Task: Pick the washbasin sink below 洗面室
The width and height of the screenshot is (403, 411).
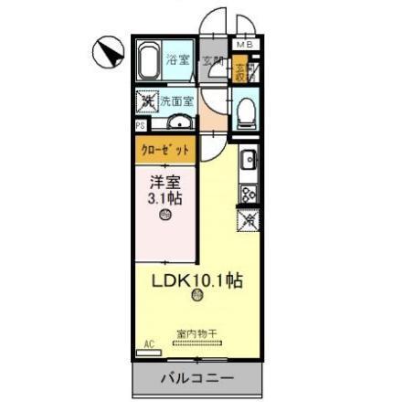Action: coord(179,124)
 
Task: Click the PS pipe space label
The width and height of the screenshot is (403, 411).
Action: coord(141,126)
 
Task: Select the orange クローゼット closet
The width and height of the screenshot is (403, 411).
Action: coord(166,148)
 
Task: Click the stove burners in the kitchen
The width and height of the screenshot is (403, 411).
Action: coord(247,194)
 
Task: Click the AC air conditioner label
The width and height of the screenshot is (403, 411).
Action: coord(148,344)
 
